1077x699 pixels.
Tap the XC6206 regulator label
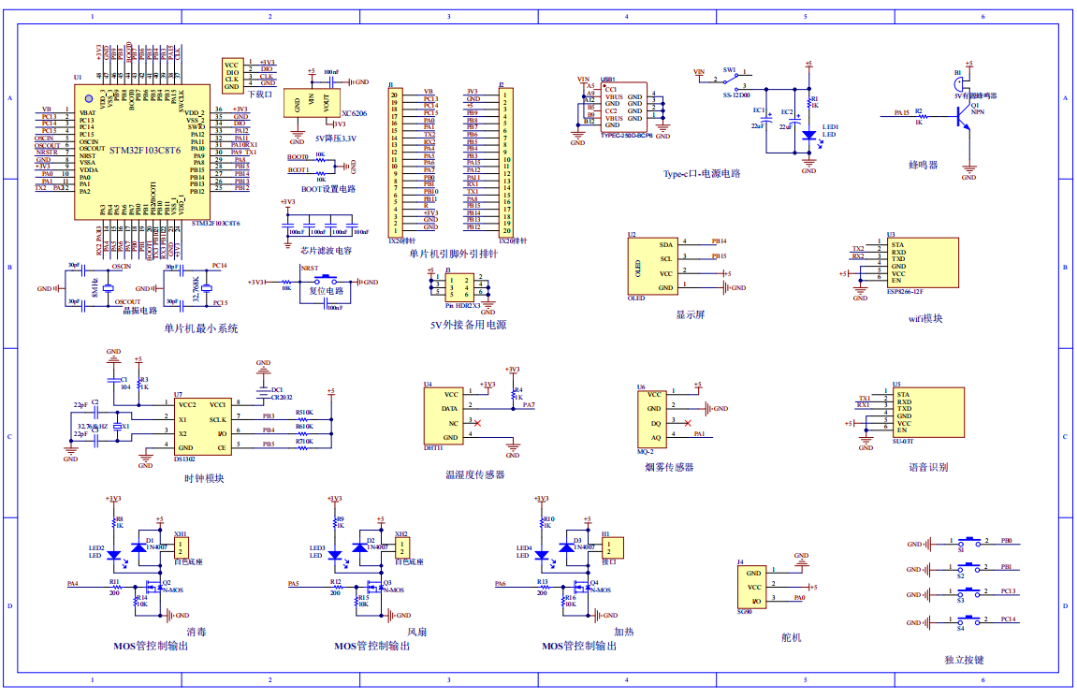click(x=354, y=113)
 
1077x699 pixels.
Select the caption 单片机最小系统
click(x=200, y=328)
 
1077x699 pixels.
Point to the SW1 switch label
click(x=730, y=70)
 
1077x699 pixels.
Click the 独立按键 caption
click(x=964, y=660)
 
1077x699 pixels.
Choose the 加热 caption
click(x=623, y=633)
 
